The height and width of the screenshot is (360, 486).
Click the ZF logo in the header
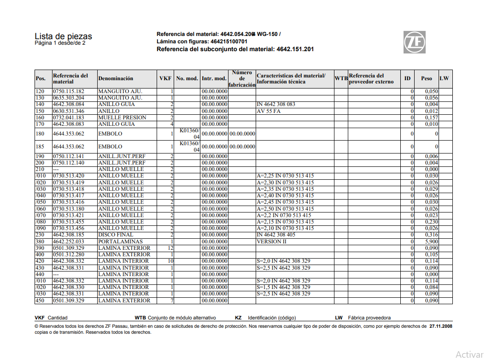click(x=415, y=42)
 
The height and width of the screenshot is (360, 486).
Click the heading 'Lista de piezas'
click(x=63, y=36)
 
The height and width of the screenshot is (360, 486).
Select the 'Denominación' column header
click(x=116, y=79)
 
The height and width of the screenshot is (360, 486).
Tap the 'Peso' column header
click(x=427, y=79)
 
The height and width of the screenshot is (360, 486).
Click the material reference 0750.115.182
click(x=69, y=91)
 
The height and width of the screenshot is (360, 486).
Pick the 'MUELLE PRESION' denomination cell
click(x=122, y=118)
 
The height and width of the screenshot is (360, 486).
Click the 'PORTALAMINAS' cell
click(x=120, y=242)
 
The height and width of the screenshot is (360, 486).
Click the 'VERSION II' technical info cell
click(x=271, y=242)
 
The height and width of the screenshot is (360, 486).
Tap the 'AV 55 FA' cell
click(x=269, y=111)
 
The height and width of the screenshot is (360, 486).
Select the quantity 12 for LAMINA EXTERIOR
click(x=170, y=248)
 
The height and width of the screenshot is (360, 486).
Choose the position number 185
click(x=41, y=147)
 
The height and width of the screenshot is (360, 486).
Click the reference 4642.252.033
click(x=69, y=242)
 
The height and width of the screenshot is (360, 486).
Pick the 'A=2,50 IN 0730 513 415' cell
click(x=285, y=209)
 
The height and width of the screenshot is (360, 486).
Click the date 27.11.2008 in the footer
click(x=441, y=326)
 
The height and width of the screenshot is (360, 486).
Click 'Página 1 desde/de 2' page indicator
click(x=60, y=43)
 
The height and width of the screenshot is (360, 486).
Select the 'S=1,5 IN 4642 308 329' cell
click(x=283, y=287)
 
